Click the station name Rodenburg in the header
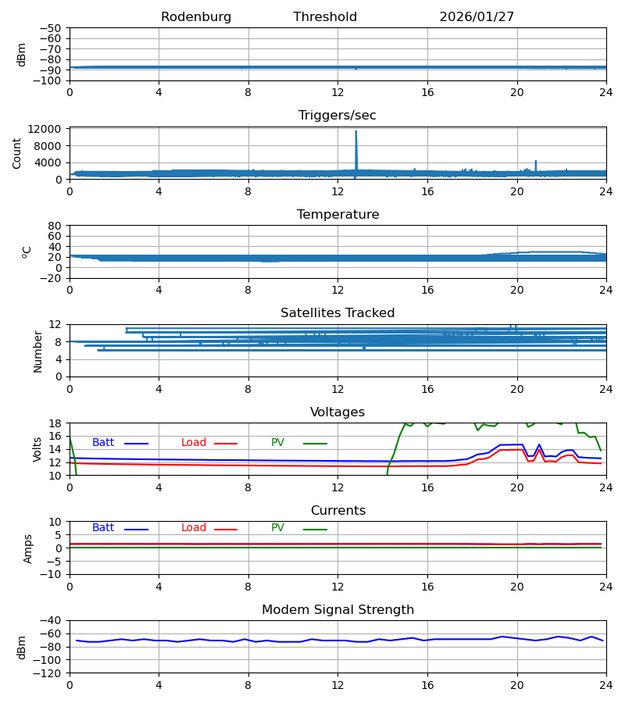[196, 17]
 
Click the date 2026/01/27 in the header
[477, 17]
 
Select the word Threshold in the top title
[325, 17]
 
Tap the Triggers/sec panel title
[337, 116]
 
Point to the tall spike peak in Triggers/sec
[356, 131]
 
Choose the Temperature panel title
[337, 215]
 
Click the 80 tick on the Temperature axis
[56, 226]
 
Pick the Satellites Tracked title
[337, 313]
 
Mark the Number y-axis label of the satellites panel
[38, 351]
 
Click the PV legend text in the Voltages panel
[277, 443]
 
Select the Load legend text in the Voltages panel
[194, 443]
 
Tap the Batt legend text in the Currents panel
[103, 528]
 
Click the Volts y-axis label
[38, 449]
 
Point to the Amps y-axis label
[29, 548]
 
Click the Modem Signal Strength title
[337, 610]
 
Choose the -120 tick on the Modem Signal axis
[48, 673]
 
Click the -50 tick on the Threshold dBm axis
[52, 28]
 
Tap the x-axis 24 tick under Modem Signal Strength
[605, 685]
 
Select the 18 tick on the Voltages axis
[56, 423]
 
